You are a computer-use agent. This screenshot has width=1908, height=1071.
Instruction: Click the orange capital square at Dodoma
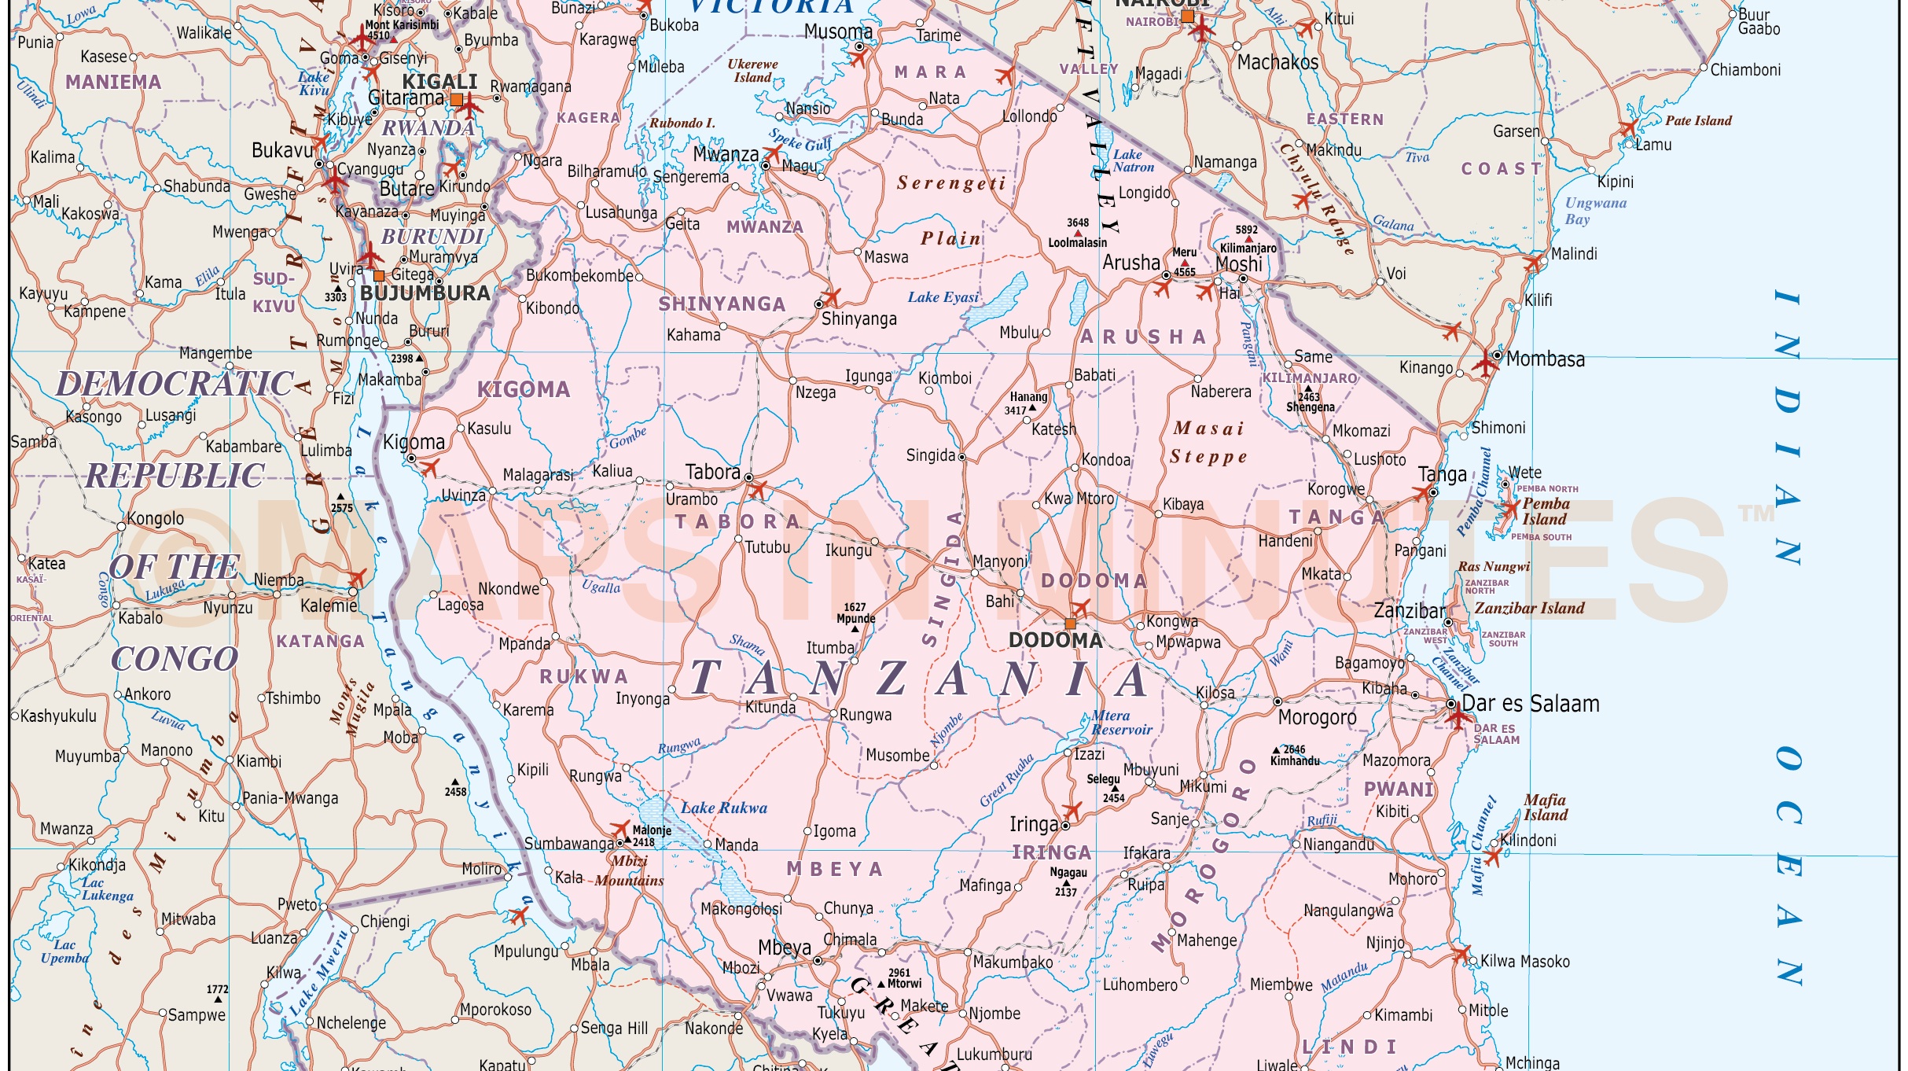(x=1070, y=624)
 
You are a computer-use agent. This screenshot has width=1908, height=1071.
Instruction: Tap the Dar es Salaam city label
(x=1530, y=704)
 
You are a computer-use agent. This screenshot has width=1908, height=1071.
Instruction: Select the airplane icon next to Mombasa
(x=1484, y=364)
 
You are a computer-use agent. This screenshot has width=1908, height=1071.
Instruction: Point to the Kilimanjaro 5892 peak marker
(x=1248, y=239)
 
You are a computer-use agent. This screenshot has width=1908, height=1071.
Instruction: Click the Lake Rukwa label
(x=723, y=808)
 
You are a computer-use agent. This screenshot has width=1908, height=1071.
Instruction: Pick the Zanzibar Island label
(x=1528, y=608)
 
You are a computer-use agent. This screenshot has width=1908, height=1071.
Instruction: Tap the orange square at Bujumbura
(x=379, y=275)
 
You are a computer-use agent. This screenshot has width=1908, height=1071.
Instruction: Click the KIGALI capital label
(x=439, y=82)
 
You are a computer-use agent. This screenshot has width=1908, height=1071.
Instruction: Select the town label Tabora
(x=712, y=472)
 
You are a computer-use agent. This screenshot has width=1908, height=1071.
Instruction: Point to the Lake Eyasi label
(x=943, y=297)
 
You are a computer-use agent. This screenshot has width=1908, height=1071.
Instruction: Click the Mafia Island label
(x=1545, y=808)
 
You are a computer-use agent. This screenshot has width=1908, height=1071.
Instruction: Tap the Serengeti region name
(x=950, y=183)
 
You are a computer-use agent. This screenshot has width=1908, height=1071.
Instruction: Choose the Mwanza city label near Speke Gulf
(x=725, y=154)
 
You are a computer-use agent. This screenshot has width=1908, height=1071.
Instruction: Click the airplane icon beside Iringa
(x=1072, y=810)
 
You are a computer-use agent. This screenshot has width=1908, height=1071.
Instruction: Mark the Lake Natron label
(x=1133, y=160)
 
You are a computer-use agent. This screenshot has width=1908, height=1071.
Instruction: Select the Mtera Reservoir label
(x=1120, y=723)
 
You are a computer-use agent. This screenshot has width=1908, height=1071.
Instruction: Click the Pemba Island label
(x=1545, y=511)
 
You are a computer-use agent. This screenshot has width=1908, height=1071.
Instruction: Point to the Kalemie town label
(x=329, y=606)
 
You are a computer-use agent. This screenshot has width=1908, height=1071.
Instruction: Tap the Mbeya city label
(x=784, y=948)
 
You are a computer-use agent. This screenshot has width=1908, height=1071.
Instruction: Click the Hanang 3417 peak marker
(x=1032, y=408)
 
